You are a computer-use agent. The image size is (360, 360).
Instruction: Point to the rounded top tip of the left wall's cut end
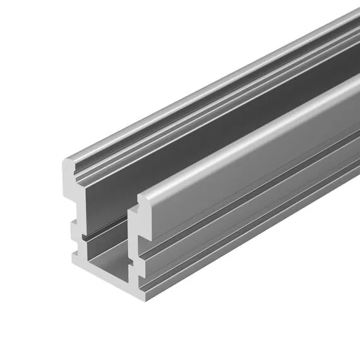[68, 164]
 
